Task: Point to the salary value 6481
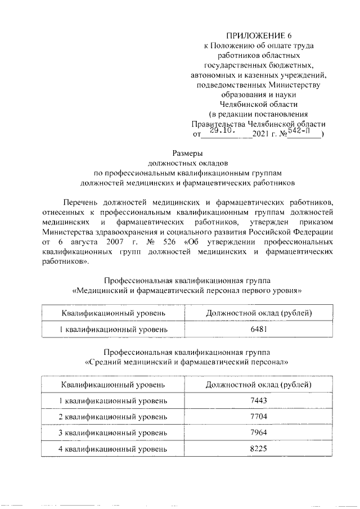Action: (259, 329)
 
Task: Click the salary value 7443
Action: (259, 400)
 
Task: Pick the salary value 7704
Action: (259, 417)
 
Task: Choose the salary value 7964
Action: (259, 433)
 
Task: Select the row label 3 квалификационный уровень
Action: (113, 433)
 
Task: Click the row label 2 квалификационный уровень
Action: (113, 417)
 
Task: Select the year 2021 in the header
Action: (262, 135)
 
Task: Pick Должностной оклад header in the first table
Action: (259, 313)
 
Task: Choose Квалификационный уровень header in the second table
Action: (113, 385)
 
